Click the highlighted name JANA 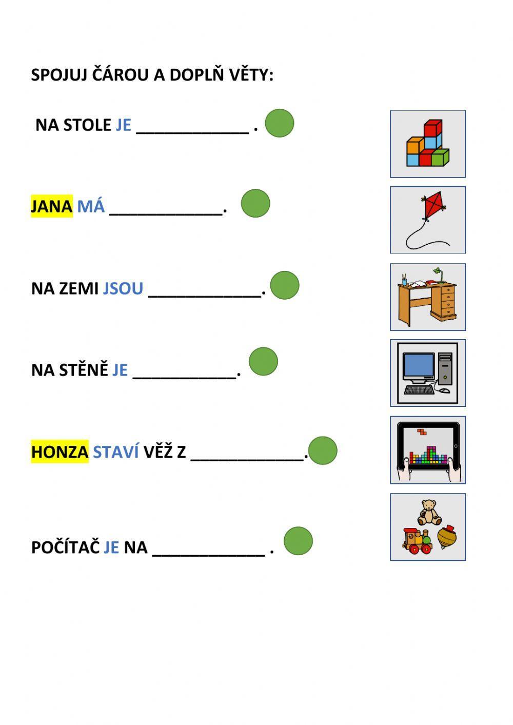(51, 206)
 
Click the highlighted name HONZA (60, 452)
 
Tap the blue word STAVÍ (116, 452)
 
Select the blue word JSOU (123, 288)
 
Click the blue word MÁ (91, 206)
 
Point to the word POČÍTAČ (65, 547)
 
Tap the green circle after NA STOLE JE (280, 123)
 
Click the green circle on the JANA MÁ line (255, 204)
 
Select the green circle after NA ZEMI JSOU (285, 285)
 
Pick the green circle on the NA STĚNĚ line (263, 361)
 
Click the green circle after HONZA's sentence (323, 451)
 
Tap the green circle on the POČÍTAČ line (298, 541)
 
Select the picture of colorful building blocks (427, 145)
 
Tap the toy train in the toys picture (418, 542)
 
